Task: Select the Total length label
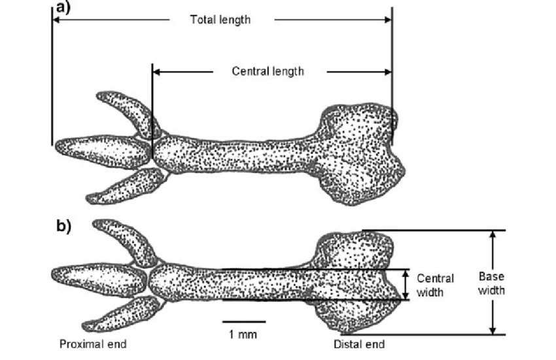pos(220,20)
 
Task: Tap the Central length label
pos(268,71)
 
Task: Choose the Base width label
pos(491,283)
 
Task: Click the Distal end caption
pos(359,344)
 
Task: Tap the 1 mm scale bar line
pos(243,322)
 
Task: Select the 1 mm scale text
pos(243,334)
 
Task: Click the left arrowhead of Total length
pos(56,20)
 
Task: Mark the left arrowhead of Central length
pos(156,71)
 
